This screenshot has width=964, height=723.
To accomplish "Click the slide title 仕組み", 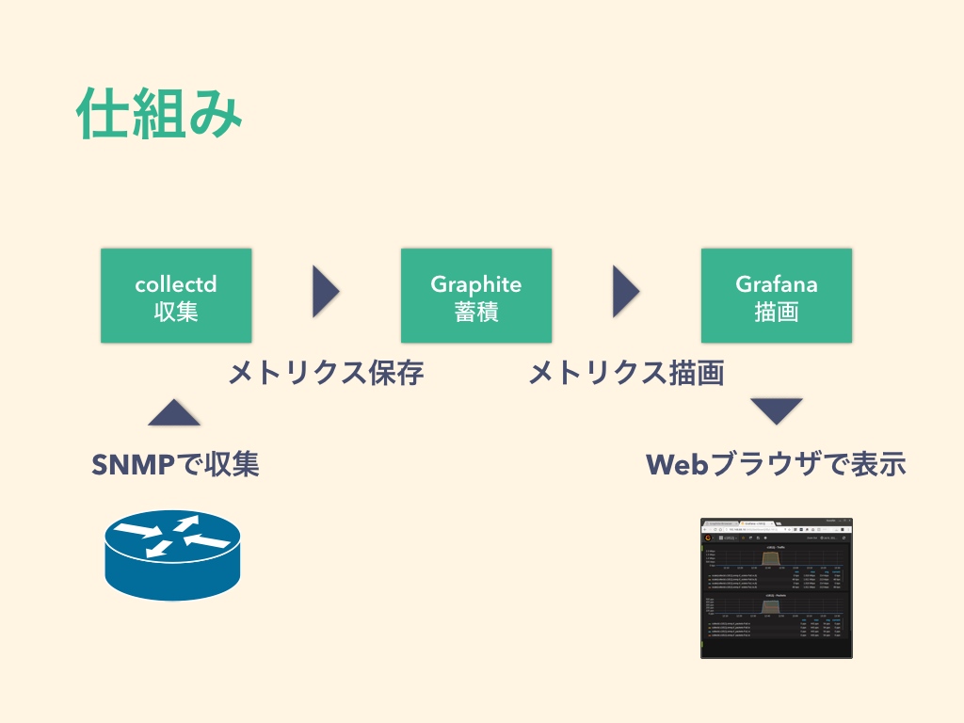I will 160,114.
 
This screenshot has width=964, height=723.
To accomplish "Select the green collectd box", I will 176,296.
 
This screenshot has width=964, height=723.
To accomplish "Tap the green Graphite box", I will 476,296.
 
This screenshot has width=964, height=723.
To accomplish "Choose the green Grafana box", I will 777,296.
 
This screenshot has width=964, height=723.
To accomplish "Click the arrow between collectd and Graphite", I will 325,291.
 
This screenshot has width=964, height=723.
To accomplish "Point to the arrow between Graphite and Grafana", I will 625,291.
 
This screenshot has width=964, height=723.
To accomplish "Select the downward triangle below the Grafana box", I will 777,410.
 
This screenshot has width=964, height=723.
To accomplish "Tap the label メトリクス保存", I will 326,374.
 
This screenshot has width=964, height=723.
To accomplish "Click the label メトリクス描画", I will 626,374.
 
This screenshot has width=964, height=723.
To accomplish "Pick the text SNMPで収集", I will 175,464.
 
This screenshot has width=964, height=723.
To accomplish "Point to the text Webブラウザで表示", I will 776,464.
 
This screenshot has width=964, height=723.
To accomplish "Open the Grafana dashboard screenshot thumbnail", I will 777,587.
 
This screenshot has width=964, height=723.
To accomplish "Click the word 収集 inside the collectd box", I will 176,312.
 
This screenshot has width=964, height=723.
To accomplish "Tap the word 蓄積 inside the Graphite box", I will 476,312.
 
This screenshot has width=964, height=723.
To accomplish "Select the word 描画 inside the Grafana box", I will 777,312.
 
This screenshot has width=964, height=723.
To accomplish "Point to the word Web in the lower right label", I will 676,464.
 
